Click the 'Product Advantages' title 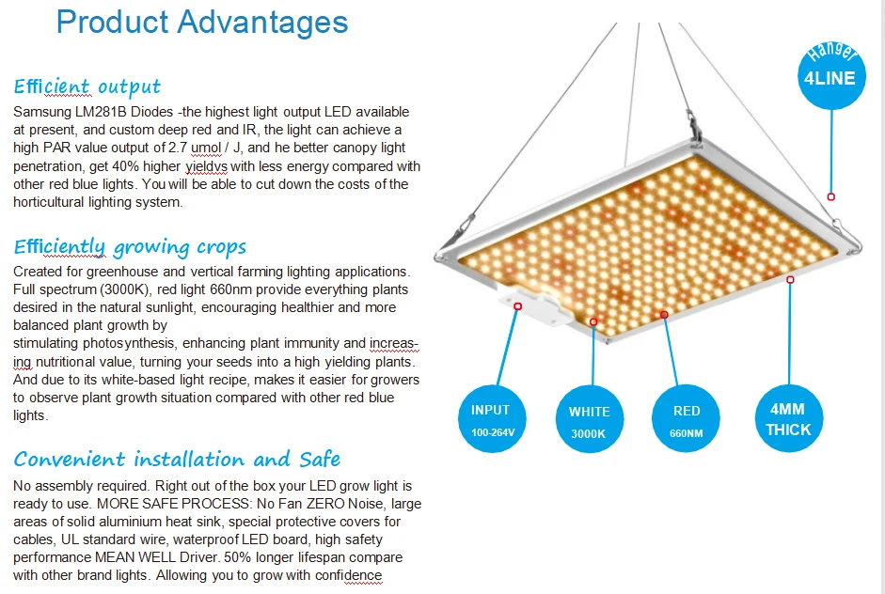coord(202,22)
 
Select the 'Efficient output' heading coord(87,87)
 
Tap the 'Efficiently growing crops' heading coord(130,247)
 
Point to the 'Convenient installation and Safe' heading coord(177,459)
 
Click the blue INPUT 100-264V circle coord(490,419)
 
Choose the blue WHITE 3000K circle coord(589,422)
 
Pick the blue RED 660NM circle coord(687,420)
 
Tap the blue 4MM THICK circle coord(788,419)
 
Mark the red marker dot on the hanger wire coord(830,196)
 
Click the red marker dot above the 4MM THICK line coord(790,278)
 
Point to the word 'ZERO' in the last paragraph coord(319,504)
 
